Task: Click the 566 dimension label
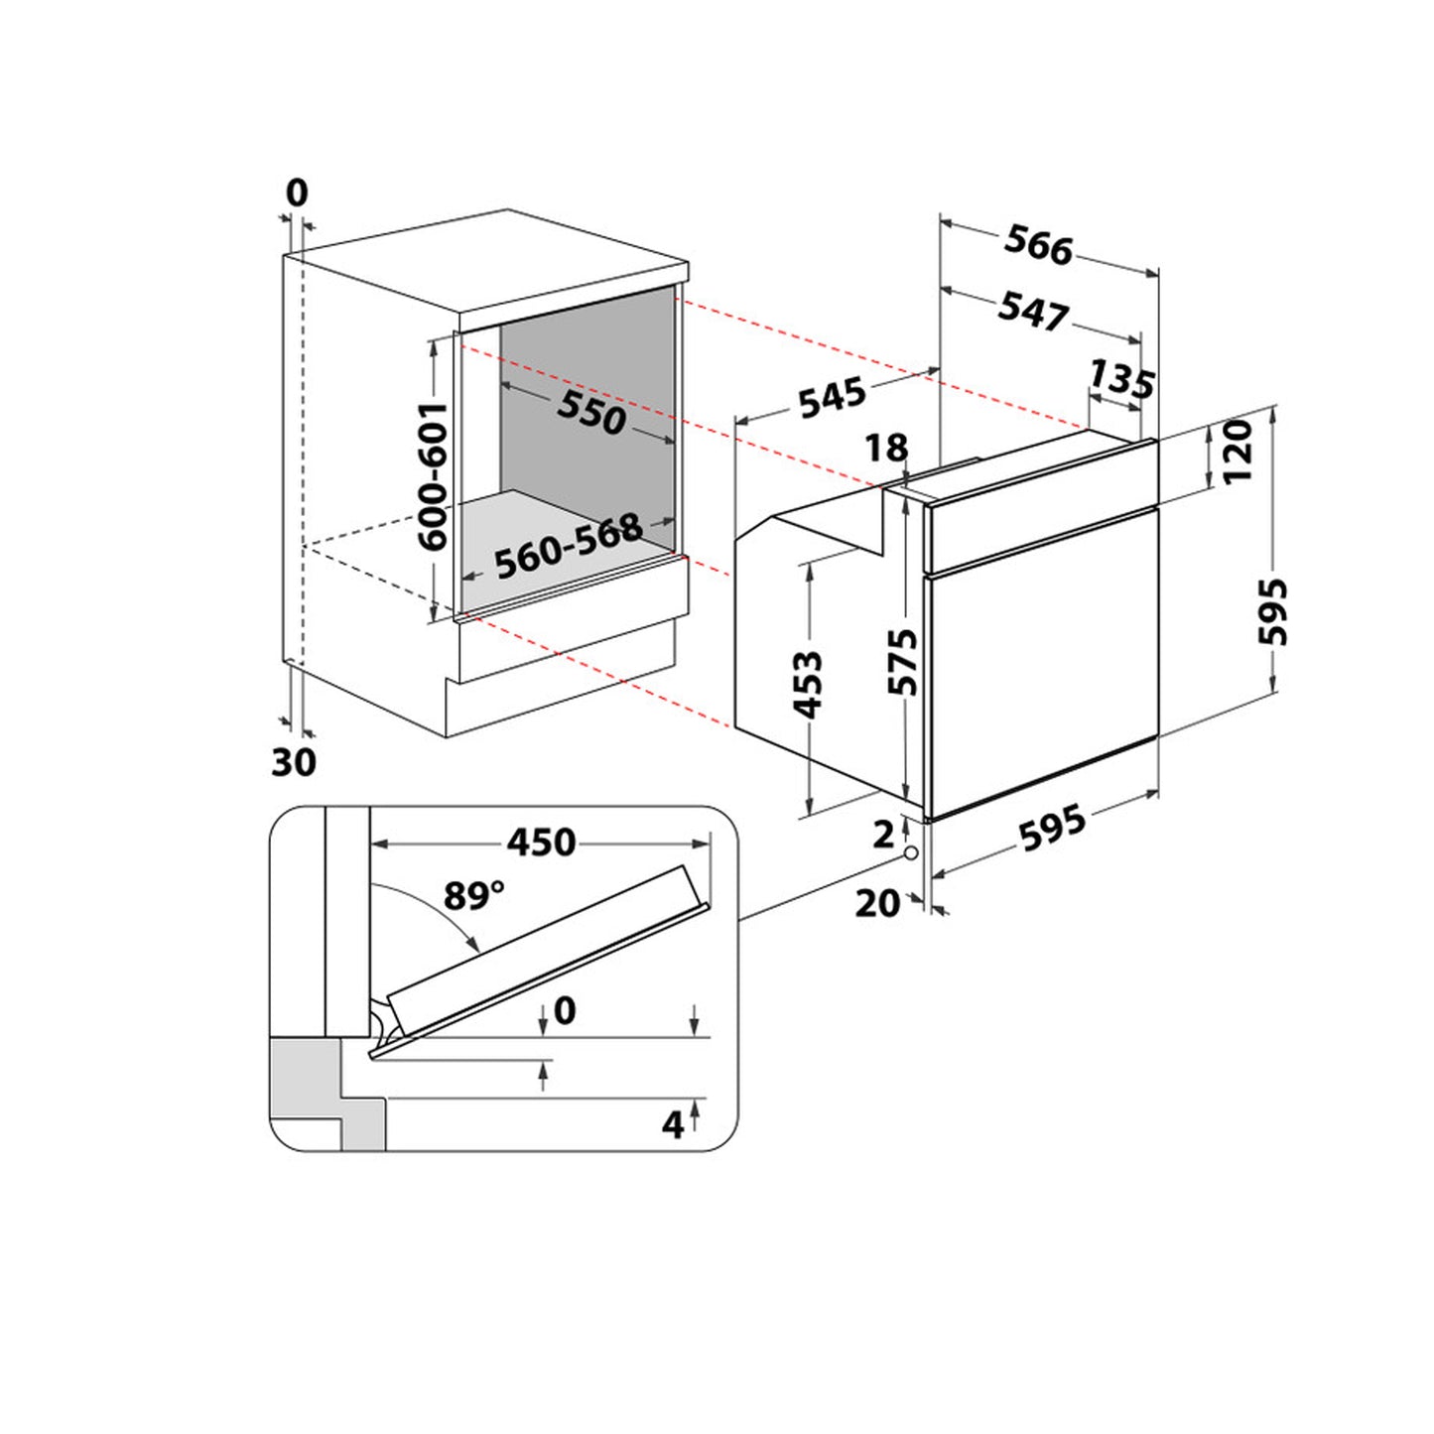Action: point(1039,245)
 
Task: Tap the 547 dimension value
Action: point(1034,311)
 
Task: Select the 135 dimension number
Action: point(1121,378)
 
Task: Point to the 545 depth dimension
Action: point(833,398)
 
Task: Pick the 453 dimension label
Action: point(808,686)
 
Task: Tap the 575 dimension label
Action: point(903,662)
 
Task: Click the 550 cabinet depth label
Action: point(591,413)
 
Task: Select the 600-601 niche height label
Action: point(433,477)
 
